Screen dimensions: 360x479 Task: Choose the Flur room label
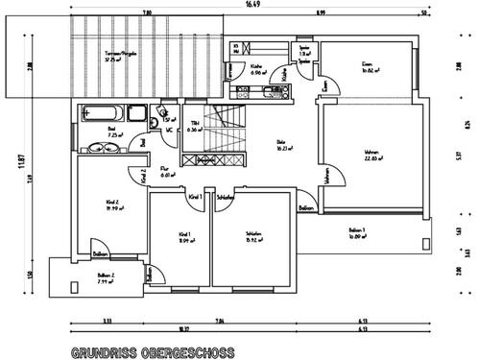click(166, 172)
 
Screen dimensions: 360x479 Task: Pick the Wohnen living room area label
click(374, 156)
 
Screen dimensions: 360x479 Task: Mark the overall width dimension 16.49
click(251, 5)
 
